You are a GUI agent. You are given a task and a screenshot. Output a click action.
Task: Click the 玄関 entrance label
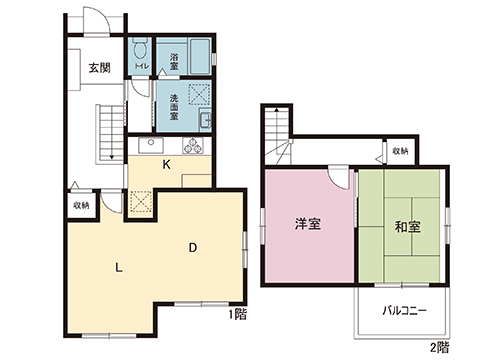(x=99, y=68)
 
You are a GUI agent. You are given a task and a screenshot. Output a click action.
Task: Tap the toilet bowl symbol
(x=139, y=49)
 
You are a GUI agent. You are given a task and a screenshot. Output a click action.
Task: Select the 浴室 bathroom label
(x=174, y=61)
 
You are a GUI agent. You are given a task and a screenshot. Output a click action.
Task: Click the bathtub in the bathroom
(x=199, y=56)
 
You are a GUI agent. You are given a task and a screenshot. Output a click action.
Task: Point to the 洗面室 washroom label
(x=174, y=107)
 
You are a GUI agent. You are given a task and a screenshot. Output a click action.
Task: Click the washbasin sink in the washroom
(x=205, y=120)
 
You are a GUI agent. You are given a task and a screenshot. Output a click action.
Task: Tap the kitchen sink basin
(x=151, y=145)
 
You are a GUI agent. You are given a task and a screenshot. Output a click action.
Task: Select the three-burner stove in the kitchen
(x=193, y=145)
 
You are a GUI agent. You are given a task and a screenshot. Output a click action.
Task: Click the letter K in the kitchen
(x=167, y=164)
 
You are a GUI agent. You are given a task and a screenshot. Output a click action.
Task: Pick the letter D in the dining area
(x=193, y=248)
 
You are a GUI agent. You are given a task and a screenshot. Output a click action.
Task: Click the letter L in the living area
(x=119, y=267)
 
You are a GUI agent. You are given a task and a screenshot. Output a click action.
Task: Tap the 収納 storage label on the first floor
(x=81, y=205)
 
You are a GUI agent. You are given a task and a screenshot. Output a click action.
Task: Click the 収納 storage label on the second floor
(x=400, y=151)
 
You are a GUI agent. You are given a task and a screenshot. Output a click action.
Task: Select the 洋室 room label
(x=308, y=224)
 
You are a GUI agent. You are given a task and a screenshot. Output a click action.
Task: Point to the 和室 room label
(x=407, y=227)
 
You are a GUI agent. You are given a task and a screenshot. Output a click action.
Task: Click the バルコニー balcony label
(x=404, y=311)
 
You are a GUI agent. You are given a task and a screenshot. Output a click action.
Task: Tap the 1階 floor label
(x=238, y=314)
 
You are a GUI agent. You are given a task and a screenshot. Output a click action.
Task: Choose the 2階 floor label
(x=439, y=348)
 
